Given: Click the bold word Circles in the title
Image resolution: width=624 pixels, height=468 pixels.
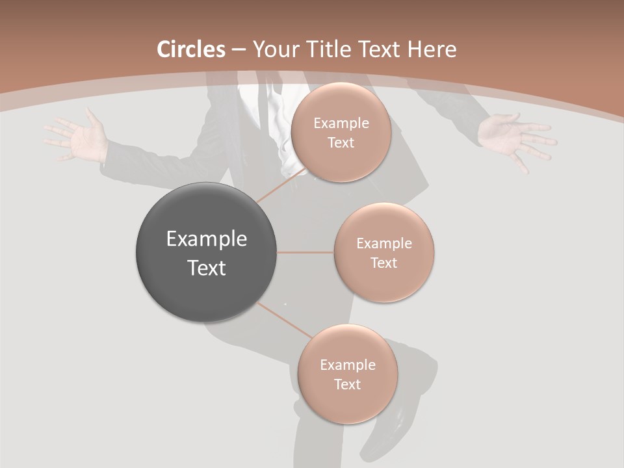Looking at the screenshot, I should (x=191, y=49).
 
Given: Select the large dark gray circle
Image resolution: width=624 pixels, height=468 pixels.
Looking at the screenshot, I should (x=207, y=252).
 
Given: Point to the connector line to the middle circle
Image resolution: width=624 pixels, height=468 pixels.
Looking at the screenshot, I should (x=305, y=252).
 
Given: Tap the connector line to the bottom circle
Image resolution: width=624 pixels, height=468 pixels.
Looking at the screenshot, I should (x=283, y=320).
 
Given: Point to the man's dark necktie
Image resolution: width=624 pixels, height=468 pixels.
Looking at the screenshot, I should (x=260, y=104).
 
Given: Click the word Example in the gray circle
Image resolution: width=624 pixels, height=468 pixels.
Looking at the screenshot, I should (x=207, y=239).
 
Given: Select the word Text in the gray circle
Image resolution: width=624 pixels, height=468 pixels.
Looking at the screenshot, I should (x=207, y=268).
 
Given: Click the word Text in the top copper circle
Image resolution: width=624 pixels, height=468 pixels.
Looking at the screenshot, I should (x=341, y=142).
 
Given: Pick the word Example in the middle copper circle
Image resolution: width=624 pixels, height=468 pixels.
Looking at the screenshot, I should (x=383, y=244).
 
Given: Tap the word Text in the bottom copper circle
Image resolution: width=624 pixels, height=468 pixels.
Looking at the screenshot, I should (x=347, y=384).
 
